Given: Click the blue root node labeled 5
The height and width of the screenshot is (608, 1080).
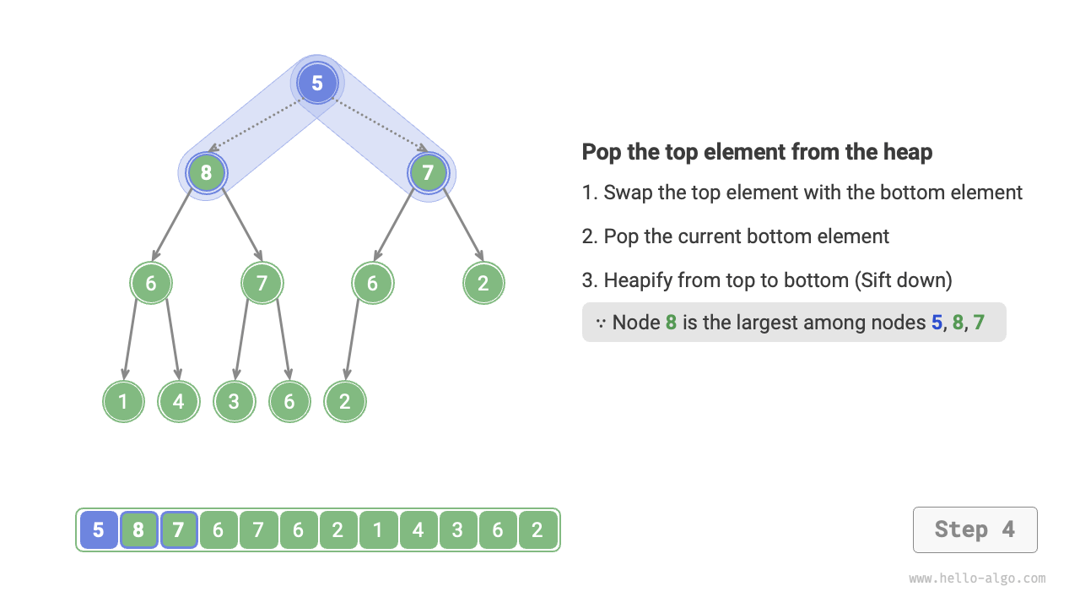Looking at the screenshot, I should (x=317, y=83).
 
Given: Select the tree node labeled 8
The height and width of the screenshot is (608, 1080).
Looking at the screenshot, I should (x=206, y=173).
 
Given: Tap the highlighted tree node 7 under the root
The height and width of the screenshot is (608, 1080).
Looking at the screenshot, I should (x=428, y=173).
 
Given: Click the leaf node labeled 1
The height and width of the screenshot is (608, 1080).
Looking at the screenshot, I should (x=123, y=401).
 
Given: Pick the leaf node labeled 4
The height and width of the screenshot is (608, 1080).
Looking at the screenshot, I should (x=178, y=401).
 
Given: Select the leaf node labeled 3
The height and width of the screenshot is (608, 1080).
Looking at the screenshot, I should (x=234, y=401).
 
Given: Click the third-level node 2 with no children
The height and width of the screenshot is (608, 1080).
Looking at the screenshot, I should (x=483, y=283).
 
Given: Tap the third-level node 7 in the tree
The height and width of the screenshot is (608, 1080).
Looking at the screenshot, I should (x=262, y=283).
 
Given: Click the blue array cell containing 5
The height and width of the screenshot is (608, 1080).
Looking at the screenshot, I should (x=99, y=530).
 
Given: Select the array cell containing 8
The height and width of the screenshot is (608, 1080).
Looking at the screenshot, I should (x=138, y=530).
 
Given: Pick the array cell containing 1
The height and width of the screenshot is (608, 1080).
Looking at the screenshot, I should (x=378, y=530).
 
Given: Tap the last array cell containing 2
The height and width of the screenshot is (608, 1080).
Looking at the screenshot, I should (x=537, y=530).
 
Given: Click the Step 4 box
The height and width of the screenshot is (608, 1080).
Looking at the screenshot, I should (x=975, y=529).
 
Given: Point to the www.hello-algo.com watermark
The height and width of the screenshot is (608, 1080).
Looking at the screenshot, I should (x=977, y=578).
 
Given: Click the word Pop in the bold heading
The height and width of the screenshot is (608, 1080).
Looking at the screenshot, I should (x=601, y=152).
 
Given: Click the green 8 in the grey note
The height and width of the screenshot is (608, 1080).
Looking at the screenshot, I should (x=672, y=323).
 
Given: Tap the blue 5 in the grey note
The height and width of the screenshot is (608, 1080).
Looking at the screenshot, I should (x=937, y=323).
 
